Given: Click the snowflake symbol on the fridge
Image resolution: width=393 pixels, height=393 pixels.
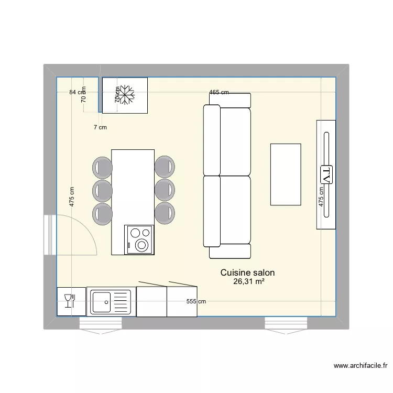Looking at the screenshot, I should [x=125, y=95].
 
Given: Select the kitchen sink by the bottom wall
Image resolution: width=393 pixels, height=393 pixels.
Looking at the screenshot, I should [x=108, y=302].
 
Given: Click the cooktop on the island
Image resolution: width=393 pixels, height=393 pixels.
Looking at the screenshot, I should [x=139, y=240].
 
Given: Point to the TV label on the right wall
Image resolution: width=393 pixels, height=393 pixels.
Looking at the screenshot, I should [x=325, y=173].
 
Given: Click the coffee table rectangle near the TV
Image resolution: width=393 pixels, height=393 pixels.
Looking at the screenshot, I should [x=286, y=174].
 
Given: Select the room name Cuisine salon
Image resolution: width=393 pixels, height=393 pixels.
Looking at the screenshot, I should [x=247, y=273].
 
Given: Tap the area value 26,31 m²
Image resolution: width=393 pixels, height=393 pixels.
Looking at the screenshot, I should [x=249, y=282].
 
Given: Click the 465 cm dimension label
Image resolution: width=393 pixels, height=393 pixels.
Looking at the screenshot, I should [x=219, y=93].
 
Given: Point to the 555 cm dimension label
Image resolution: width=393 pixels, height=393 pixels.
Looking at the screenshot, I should [x=196, y=301].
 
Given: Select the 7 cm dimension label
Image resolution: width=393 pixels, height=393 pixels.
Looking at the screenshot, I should [x=100, y=127].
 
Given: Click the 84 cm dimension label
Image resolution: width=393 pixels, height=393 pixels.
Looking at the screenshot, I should [x=77, y=92].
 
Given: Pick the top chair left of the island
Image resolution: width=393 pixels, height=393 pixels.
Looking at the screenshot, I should [x=102, y=167].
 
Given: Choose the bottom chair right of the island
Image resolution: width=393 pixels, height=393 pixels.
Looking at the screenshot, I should [x=165, y=212].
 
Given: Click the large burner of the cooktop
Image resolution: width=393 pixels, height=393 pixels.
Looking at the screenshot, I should [x=141, y=245].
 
